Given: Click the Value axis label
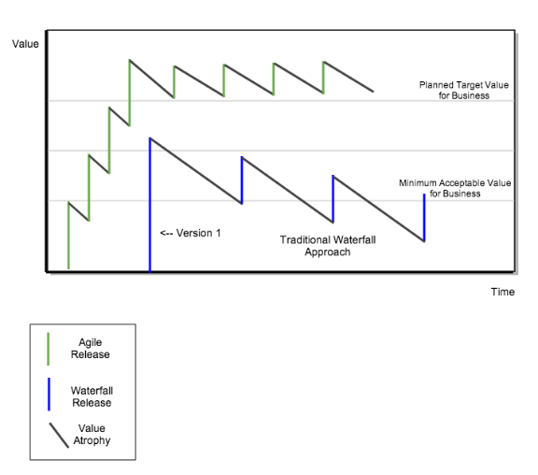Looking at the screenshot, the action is click(25, 44).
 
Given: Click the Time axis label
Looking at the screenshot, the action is click(503, 292).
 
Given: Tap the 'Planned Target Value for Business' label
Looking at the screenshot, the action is click(464, 91).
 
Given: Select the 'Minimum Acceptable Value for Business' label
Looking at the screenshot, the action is click(455, 188).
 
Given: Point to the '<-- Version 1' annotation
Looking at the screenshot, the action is click(191, 233).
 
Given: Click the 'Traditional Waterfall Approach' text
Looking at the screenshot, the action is click(328, 246).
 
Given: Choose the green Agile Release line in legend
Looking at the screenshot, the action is click(49, 349).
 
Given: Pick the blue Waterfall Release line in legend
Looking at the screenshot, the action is click(49, 395).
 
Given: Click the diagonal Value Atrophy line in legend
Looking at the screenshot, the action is click(59, 435).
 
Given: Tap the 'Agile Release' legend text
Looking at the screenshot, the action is click(91, 348).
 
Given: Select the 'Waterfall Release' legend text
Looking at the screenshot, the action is click(92, 396).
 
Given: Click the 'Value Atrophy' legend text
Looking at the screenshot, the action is click(92, 435).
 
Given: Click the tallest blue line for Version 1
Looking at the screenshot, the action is click(150, 205).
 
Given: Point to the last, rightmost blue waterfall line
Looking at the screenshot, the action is click(424, 218).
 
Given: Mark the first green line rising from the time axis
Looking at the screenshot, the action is click(68, 236).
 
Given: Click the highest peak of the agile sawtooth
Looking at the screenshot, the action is click(129, 60).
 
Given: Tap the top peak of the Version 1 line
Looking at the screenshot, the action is click(150, 138).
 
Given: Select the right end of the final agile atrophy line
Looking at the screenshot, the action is click(374, 92).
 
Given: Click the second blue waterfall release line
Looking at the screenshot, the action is click(242, 180).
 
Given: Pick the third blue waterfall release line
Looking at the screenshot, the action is click(333, 199).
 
